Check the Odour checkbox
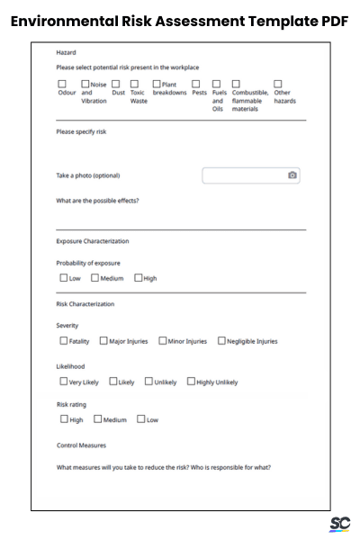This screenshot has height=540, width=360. coord(61,85)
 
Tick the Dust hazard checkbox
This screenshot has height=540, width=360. coord(116,85)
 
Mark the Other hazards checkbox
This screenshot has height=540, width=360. coord(278,85)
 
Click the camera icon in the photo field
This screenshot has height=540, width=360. coord(292,175)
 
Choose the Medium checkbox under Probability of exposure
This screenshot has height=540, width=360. coord(95,278)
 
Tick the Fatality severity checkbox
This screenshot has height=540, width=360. coord(63,341)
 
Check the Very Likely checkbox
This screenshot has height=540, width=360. coord(63,382)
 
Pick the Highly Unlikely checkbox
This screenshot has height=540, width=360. coord(191,382)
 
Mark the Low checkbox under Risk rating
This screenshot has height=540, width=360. coord(140,419)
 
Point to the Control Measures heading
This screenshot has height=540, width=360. coord(81,445)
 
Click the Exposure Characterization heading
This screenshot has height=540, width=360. coord(92,241)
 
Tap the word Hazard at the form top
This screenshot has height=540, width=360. coord(66,53)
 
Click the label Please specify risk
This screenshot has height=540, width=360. coord(82,131)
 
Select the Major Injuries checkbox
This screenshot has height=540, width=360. coord(103,341)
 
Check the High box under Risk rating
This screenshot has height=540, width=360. coord(63,419)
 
